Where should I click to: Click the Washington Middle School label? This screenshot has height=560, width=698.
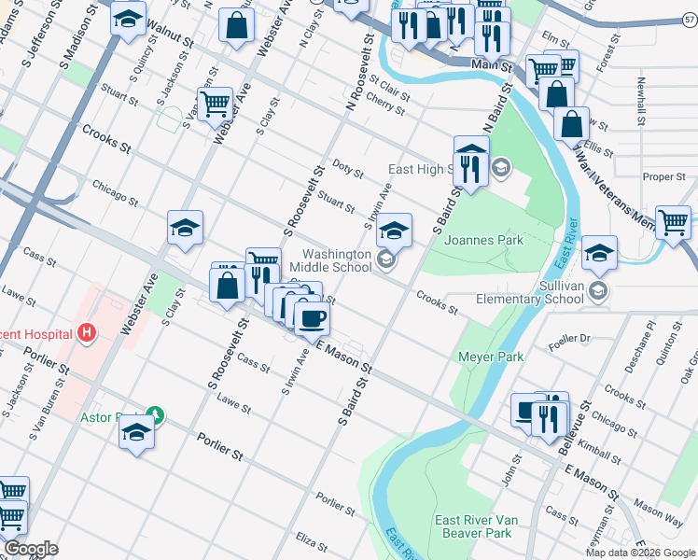pyautogui.click(x=338, y=260)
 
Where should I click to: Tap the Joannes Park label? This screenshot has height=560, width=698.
pyautogui.click(x=483, y=240)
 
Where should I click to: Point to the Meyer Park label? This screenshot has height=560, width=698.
pyautogui.click(x=491, y=357)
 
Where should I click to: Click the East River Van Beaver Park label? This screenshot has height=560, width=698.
pyautogui.click(x=473, y=526)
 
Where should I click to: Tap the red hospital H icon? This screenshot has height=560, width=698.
pyautogui.click(x=87, y=332)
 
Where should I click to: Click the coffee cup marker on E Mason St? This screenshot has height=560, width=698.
pyautogui.click(x=311, y=317)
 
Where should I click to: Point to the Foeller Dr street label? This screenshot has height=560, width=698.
pyautogui.click(x=571, y=338)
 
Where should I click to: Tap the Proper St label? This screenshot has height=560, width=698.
pyautogui.click(x=664, y=176)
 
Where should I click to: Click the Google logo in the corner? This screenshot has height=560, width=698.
pyautogui.click(x=31, y=549)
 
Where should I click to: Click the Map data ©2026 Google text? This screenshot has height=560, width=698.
pyautogui.click(x=640, y=553)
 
